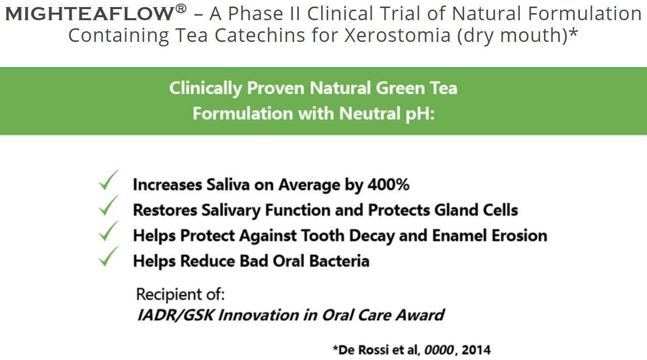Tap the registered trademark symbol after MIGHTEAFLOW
point(181,9)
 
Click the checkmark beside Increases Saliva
point(109,180)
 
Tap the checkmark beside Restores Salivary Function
point(109,205)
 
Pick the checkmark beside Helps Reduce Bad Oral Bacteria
point(109,256)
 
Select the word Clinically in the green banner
point(205,88)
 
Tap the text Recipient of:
point(180,294)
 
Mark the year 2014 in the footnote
point(476,350)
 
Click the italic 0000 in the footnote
point(439,350)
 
